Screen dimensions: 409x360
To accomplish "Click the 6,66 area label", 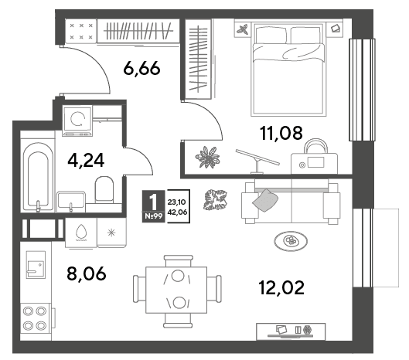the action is tap(141, 69).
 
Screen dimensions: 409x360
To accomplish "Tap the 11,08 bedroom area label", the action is tap(281, 133).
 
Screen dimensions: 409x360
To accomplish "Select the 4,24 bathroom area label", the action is tap(86, 161).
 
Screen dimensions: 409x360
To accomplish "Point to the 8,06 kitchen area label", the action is tap(87, 273).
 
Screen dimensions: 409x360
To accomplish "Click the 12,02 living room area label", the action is tap(281, 287).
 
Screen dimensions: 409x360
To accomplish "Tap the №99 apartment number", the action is tap(153, 216).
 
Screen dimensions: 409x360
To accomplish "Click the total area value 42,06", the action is tap(177, 212).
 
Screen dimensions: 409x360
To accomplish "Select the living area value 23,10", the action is tap(177, 202).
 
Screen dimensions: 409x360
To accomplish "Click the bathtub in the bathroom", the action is tap(38, 177).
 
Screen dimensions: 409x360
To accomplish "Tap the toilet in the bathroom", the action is tap(104, 190).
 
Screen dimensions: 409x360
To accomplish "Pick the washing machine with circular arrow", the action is tap(77, 121).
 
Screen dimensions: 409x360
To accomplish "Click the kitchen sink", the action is tap(36, 264).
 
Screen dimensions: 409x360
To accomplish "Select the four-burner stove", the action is tap(36, 318).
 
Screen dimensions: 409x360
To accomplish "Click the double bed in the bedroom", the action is tap(288, 69).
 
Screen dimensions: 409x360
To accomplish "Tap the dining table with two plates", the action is tap(176, 290).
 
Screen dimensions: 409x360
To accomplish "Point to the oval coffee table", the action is tap(291, 241).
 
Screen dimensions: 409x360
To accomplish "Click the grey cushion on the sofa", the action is tap(264, 200).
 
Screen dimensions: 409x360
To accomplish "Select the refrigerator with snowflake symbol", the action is tap(111, 233).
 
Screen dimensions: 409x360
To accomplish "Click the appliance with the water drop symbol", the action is tap(81, 233).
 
